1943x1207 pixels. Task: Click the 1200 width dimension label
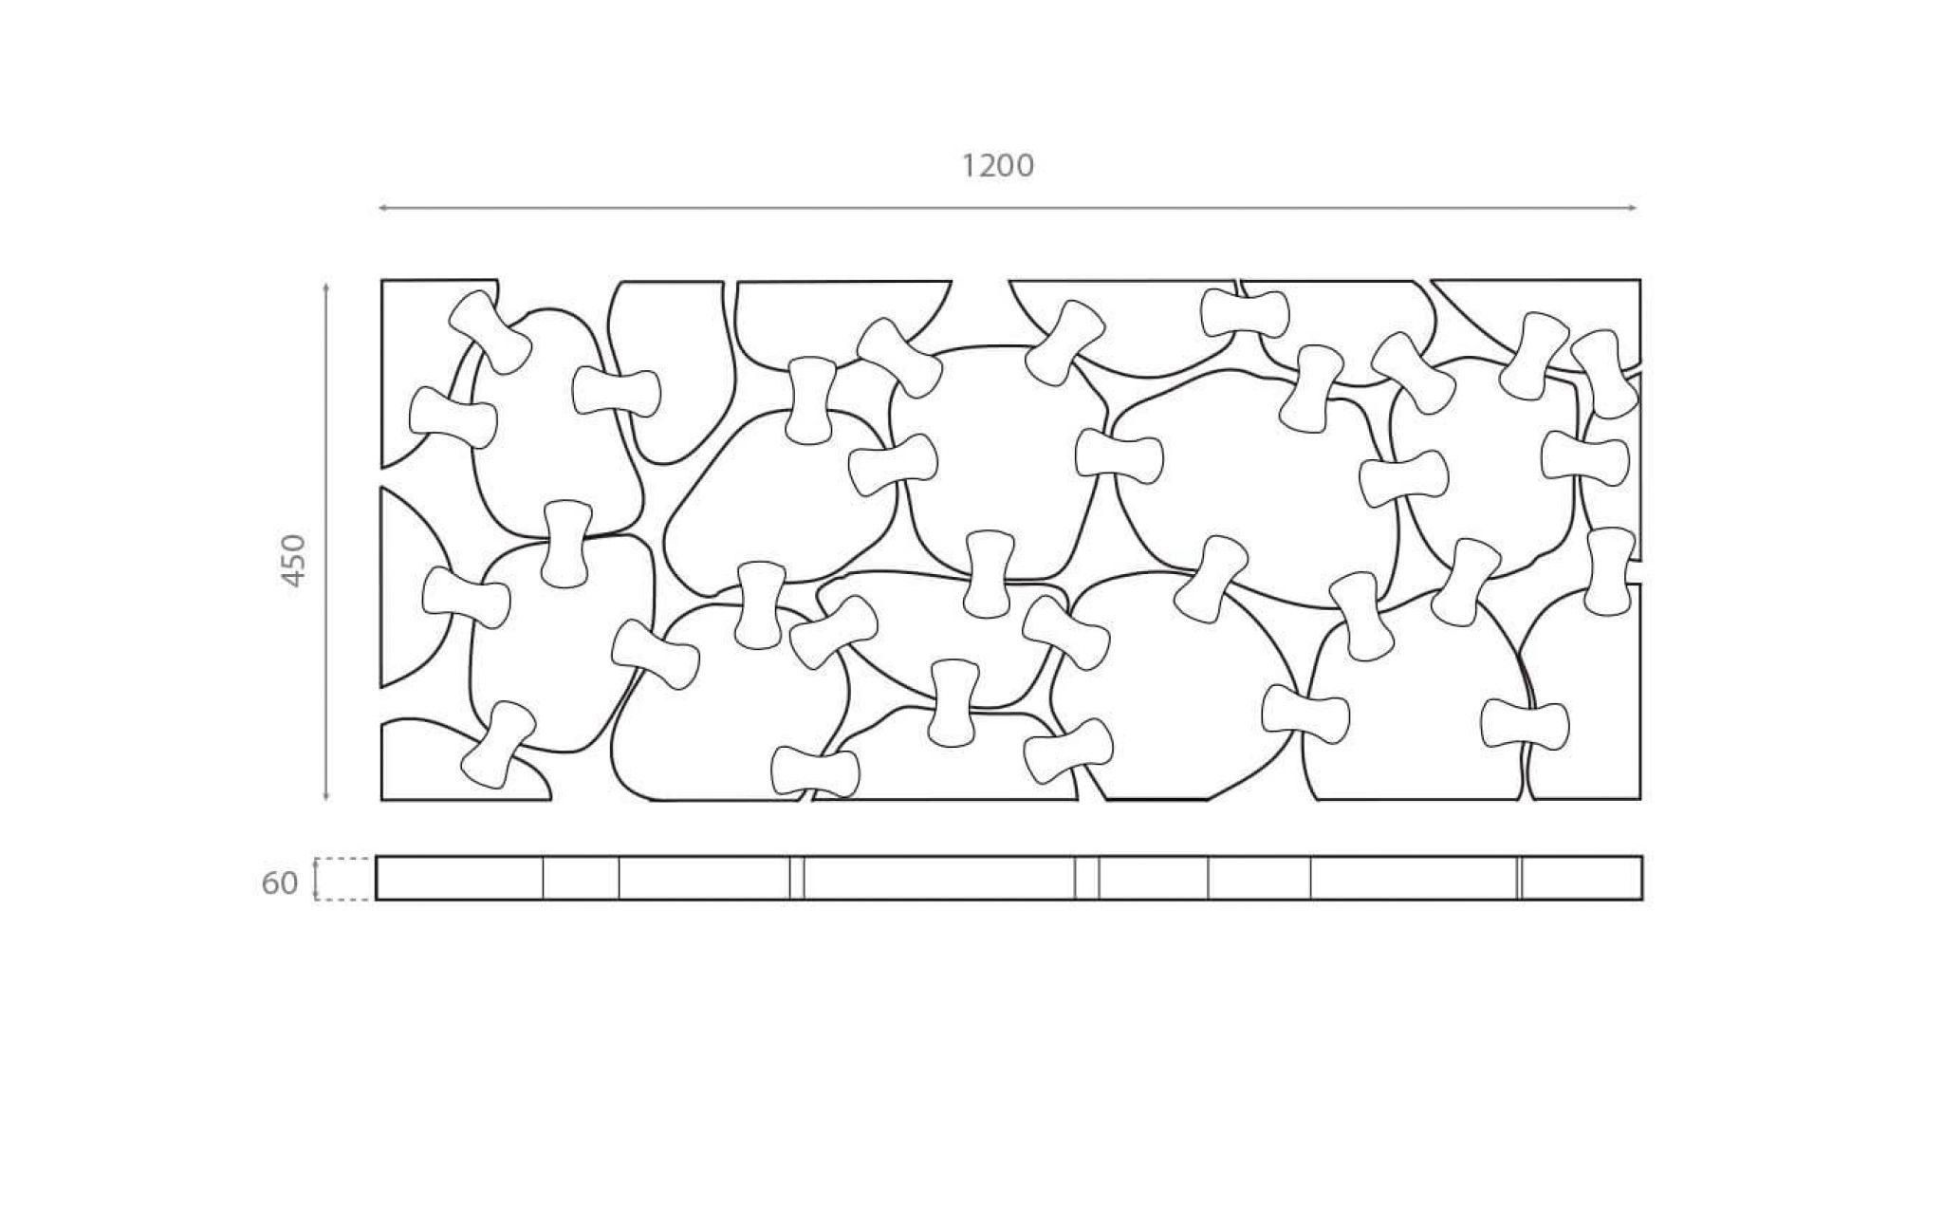[x=997, y=166]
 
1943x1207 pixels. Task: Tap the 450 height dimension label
[x=295, y=561]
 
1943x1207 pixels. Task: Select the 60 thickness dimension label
[x=280, y=883]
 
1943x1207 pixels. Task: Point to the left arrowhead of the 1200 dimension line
[x=383, y=208]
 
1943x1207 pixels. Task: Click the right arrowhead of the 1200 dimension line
[x=1632, y=208]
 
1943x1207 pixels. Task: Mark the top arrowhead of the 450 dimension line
[x=326, y=287]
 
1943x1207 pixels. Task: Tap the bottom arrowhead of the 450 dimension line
[x=326, y=795]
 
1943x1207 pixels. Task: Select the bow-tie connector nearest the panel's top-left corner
[x=490, y=331]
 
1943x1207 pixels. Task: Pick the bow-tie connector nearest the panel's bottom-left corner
[x=498, y=745]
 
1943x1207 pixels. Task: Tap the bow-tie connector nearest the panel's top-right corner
[x=1605, y=374]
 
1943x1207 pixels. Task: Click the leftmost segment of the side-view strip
[x=460, y=878]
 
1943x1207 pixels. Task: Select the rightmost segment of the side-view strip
[x=1582, y=878]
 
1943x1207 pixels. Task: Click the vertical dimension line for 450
[x=326, y=541]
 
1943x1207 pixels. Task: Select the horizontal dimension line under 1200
[x=1008, y=208]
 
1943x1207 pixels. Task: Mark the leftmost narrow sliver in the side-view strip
[x=797, y=878]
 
